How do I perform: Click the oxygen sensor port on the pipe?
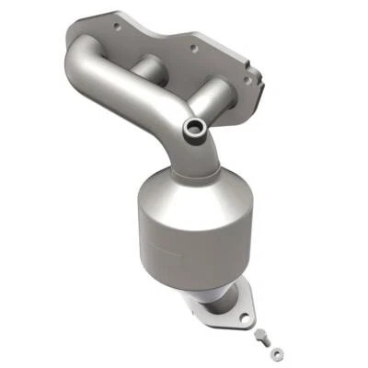tap(195, 128)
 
